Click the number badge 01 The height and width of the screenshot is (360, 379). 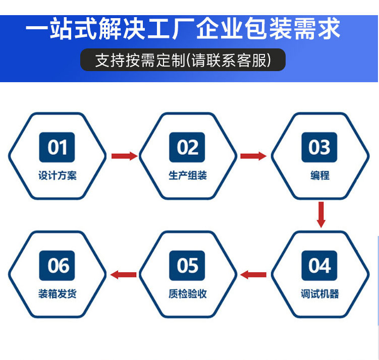coord(57,147)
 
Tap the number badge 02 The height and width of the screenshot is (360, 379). coord(187,147)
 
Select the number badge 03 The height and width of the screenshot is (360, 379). coord(319,147)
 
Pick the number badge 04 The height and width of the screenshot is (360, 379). coord(319,266)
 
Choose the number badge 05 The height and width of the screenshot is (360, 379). coord(187,266)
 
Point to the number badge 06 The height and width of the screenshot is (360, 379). coord(57,266)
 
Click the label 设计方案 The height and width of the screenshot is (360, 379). coord(58,175)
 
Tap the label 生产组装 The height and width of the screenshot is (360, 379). coord(188,175)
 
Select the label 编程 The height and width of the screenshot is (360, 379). coord(320,175)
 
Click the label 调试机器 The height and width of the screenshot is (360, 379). coord(320,294)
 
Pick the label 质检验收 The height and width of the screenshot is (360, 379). coord(188,294)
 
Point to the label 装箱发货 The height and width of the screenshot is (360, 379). coord(58,294)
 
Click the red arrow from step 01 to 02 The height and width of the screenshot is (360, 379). coord(125,156)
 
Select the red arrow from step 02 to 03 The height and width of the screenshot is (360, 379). coord(253,156)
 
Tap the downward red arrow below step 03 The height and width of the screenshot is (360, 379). coord(321,215)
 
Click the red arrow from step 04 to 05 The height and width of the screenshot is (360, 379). coord(253,274)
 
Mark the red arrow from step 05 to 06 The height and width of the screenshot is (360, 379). coord(123,274)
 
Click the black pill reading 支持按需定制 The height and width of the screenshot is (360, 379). coord(183,60)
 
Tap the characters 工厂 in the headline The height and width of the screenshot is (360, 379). coord(171,29)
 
